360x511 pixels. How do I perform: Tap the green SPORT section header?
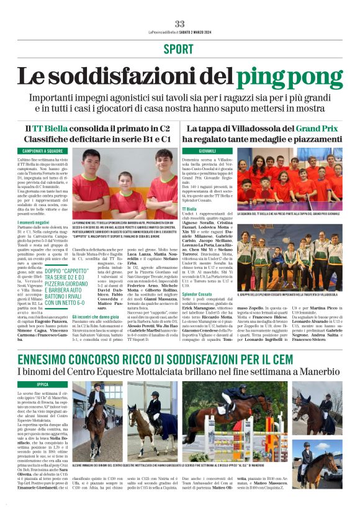[x=179, y=49]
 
